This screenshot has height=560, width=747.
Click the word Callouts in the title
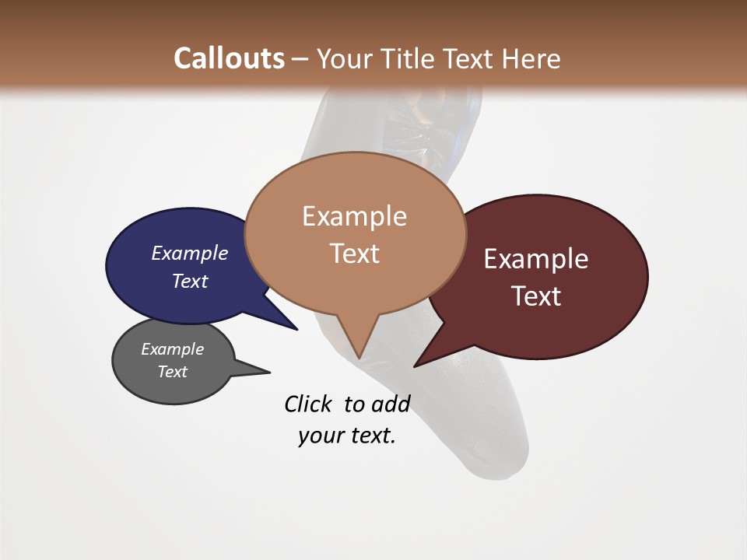click(x=229, y=58)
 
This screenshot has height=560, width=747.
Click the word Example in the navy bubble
click(x=189, y=253)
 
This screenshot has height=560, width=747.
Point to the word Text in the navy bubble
click(x=189, y=281)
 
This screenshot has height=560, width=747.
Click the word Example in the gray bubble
click(x=172, y=349)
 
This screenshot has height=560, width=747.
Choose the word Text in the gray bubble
click(x=172, y=372)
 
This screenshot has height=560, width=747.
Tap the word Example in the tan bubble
click(x=354, y=215)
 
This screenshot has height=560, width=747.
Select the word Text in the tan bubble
click(x=354, y=253)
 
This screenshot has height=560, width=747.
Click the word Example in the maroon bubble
click(x=535, y=258)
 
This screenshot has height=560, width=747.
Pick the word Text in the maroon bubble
click(x=535, y=296)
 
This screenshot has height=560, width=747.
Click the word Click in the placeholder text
click(x=309, y=404)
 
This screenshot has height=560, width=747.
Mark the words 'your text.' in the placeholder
click(x=346, y=436)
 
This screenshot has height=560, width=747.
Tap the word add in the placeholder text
click(x=391, y=404)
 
